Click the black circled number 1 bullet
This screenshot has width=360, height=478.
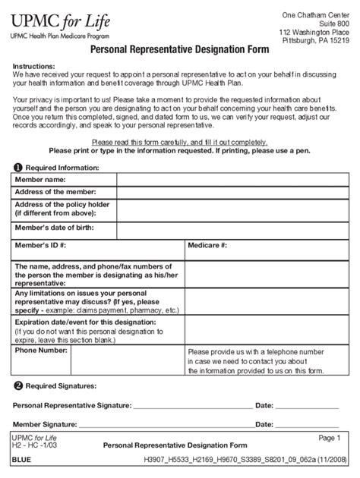pos(17,167)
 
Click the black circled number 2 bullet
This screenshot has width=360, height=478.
pos(17,385)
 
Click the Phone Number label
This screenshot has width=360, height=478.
pos(42,351)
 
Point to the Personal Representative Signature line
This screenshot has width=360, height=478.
pos(193,407)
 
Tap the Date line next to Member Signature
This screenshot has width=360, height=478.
pos(311,425)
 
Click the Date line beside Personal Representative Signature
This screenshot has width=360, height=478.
pos(311,407)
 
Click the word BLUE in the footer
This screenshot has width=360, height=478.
pos(22,460)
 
